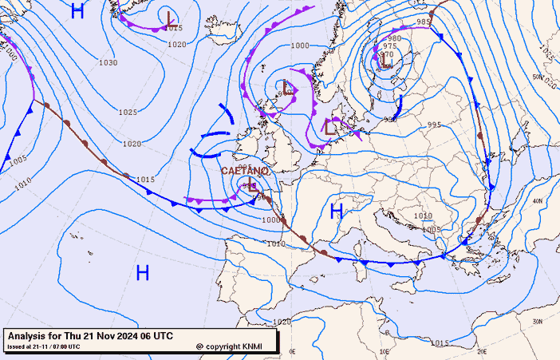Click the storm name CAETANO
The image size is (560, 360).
pos(244,171)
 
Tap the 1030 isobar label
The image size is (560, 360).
pos(108,62)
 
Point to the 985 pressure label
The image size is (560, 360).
pos(424,22)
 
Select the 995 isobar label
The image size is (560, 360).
pos(435,125)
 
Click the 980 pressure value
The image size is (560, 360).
pos(394,38)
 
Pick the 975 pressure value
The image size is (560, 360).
pos(390,46)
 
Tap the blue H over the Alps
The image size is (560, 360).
pos(337,211)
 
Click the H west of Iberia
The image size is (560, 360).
pos(143,273)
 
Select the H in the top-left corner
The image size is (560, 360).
pos(77,11)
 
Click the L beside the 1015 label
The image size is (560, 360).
pos(170,18)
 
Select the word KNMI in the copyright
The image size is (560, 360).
pos(251,346)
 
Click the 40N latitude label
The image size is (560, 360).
pos(538,201)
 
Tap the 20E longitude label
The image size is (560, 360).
pos(480,350)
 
